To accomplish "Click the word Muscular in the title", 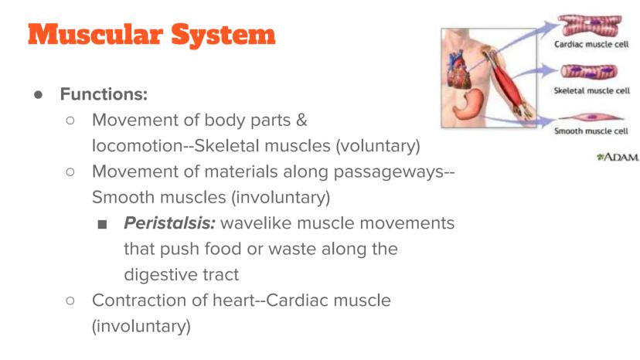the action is click(96, 34).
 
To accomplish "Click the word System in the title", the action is click(223, 36).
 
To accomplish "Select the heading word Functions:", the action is click(104, 94).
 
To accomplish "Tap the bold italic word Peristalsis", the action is click(169, 222).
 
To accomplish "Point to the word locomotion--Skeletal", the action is click(211, 146).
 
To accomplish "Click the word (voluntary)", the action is click(378, 146).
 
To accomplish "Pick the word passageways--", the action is click(394, 172).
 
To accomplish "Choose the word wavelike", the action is click(257, 222).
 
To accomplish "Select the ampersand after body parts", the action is click(301, 121).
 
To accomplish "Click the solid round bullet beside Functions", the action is click(39, 95).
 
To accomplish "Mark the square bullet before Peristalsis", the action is click(103, 224).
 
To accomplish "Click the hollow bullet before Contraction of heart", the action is click(70, 301).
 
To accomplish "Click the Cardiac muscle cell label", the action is click(591, 44).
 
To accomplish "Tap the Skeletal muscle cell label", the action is click(592, 90).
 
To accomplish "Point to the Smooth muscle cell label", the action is click(591, 131).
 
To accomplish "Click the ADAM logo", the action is click(618, 157).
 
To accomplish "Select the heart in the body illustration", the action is click(459, 70).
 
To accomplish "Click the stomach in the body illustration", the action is click(468, 104).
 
